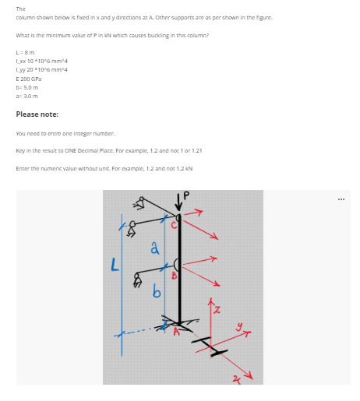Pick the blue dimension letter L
[x=114, y=267]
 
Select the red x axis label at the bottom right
[x=238, y=376]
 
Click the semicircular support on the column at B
[x=178, y=265]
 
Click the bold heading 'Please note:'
[x=36, y=114]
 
